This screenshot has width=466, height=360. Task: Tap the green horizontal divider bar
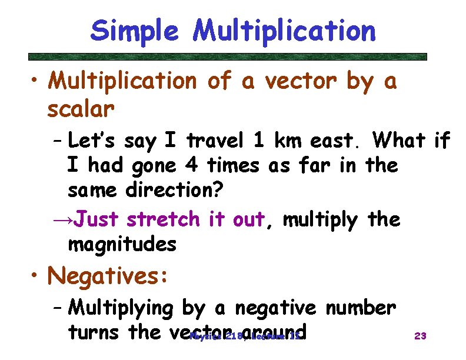click(228, 57)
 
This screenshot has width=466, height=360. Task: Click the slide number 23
click(420, 336)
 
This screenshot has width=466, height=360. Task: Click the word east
click(339, 142)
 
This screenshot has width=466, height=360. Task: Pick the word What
click(399, 141)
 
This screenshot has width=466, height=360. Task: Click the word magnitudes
click(122, 244)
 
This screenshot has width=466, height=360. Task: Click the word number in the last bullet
click(360, 307)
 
